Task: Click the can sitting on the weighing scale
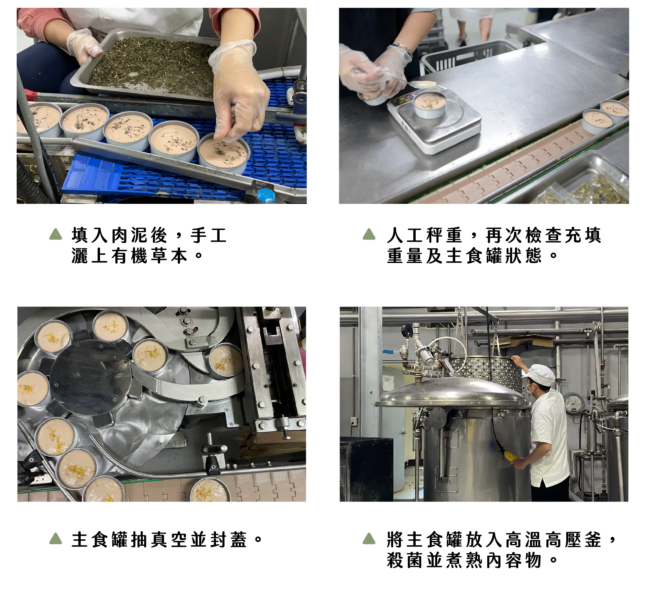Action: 430,105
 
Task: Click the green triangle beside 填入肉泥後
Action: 56,234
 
